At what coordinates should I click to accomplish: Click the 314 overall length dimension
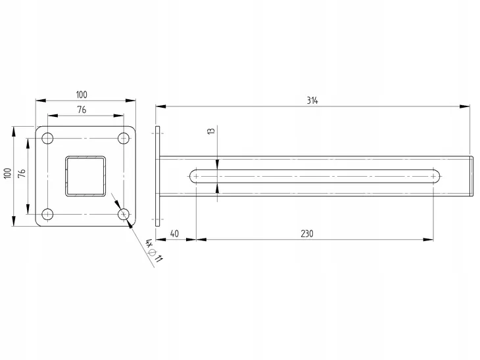(312, 101)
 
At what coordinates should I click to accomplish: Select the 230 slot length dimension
(307, 234)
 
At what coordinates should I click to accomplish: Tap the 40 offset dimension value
(174, 234)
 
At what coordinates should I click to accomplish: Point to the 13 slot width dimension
(212, 131)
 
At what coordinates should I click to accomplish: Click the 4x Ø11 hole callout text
(154, 250)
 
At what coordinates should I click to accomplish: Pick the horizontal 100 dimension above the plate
(82, 95)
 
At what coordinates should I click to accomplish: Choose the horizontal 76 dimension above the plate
(82, 110)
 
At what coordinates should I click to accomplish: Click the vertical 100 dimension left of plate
(7, 173)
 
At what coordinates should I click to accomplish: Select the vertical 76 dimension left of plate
(22, 173)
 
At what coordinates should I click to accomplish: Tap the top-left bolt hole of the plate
(47, 138)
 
